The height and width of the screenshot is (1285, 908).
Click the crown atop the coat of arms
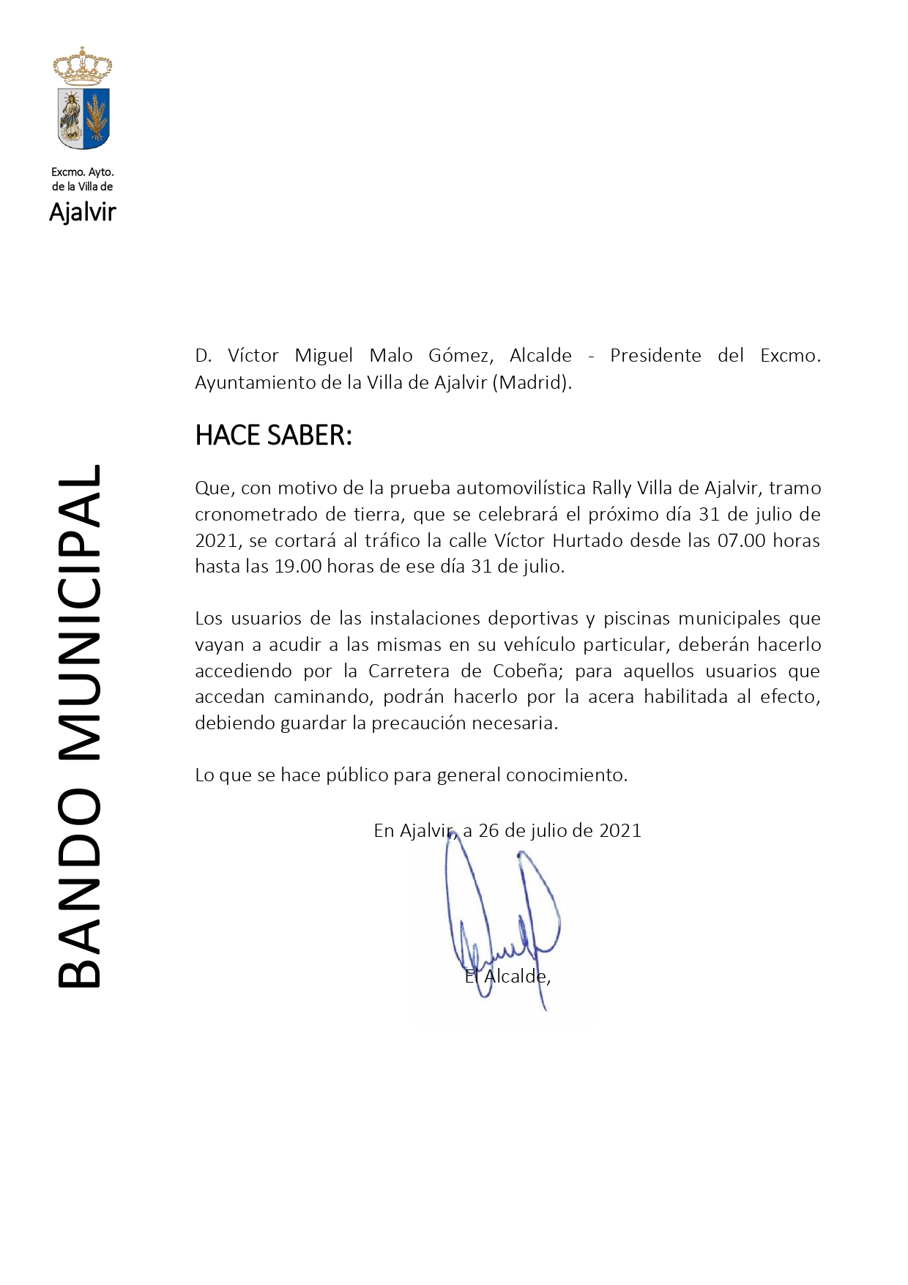(x=83, y=66)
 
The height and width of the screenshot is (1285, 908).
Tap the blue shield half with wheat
(x=96, y=116)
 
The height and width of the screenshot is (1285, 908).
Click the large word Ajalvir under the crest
(x=83, y=212)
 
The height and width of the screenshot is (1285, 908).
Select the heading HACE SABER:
(x=273, y=436)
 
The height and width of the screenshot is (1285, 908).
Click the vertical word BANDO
(x=79, y=888)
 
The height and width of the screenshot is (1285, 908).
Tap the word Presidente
(x=655, y=356)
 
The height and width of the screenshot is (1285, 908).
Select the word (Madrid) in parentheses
(x=532, y=382)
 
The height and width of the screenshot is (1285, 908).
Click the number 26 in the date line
(x=488, y=830)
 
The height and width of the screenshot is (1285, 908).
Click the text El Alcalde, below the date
(x=507, y=976)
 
